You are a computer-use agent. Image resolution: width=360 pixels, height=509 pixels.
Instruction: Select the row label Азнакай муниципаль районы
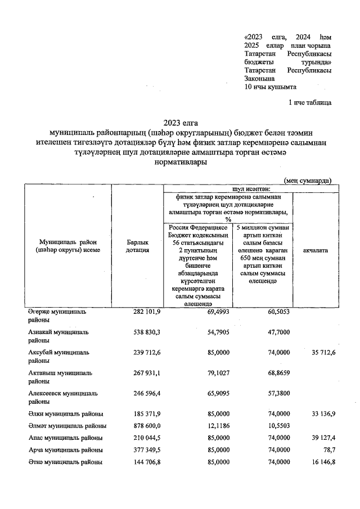pyautogui.click(x=58, y=336)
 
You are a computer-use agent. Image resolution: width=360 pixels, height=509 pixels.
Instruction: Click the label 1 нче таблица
pyautogui.click(x=309, y=103)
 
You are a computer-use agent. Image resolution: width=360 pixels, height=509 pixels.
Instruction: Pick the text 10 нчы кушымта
pyautogui.click(x=271, y=87)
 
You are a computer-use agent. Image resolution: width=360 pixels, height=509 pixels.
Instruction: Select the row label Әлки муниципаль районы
pyautogui.click(x=65, y=413)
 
